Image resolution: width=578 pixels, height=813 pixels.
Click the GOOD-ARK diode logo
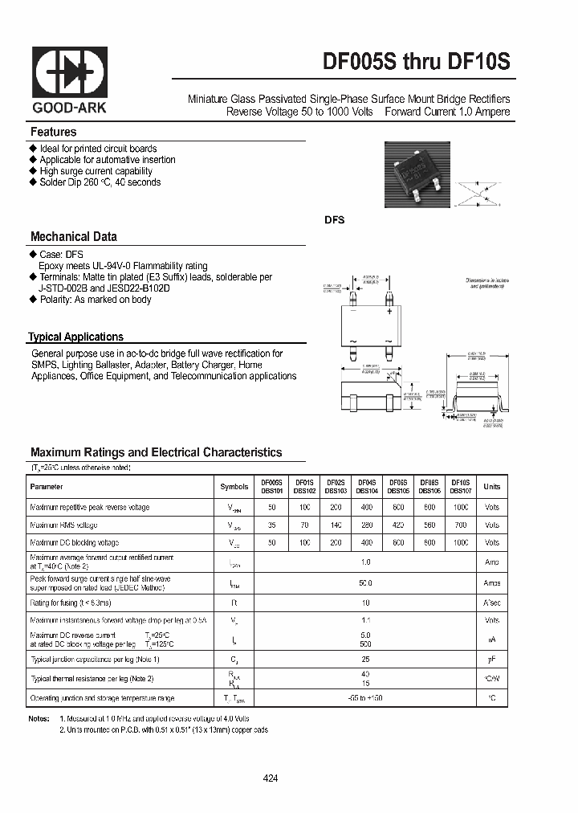click(x=69, y=71)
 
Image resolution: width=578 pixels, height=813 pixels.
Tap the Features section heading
click(x=53, y=132)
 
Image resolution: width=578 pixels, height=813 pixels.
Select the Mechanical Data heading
click(x=73, y=237)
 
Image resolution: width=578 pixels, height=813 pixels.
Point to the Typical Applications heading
click(x=75, y=337)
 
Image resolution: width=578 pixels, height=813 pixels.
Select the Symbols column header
click(x=234, y=487)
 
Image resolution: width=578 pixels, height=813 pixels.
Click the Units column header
click(x=491, y=487)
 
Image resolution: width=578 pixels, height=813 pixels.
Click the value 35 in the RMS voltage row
click(x=271, y=525)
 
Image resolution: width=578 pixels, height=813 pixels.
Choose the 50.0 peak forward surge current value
click(x=365, y=583)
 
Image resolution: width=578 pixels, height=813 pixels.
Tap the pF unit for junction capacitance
click(x=491, y=659)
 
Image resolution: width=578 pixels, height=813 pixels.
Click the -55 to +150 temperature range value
click(x=365, y=699)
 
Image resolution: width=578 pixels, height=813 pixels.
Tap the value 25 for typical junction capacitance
click(x=365, y=659)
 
